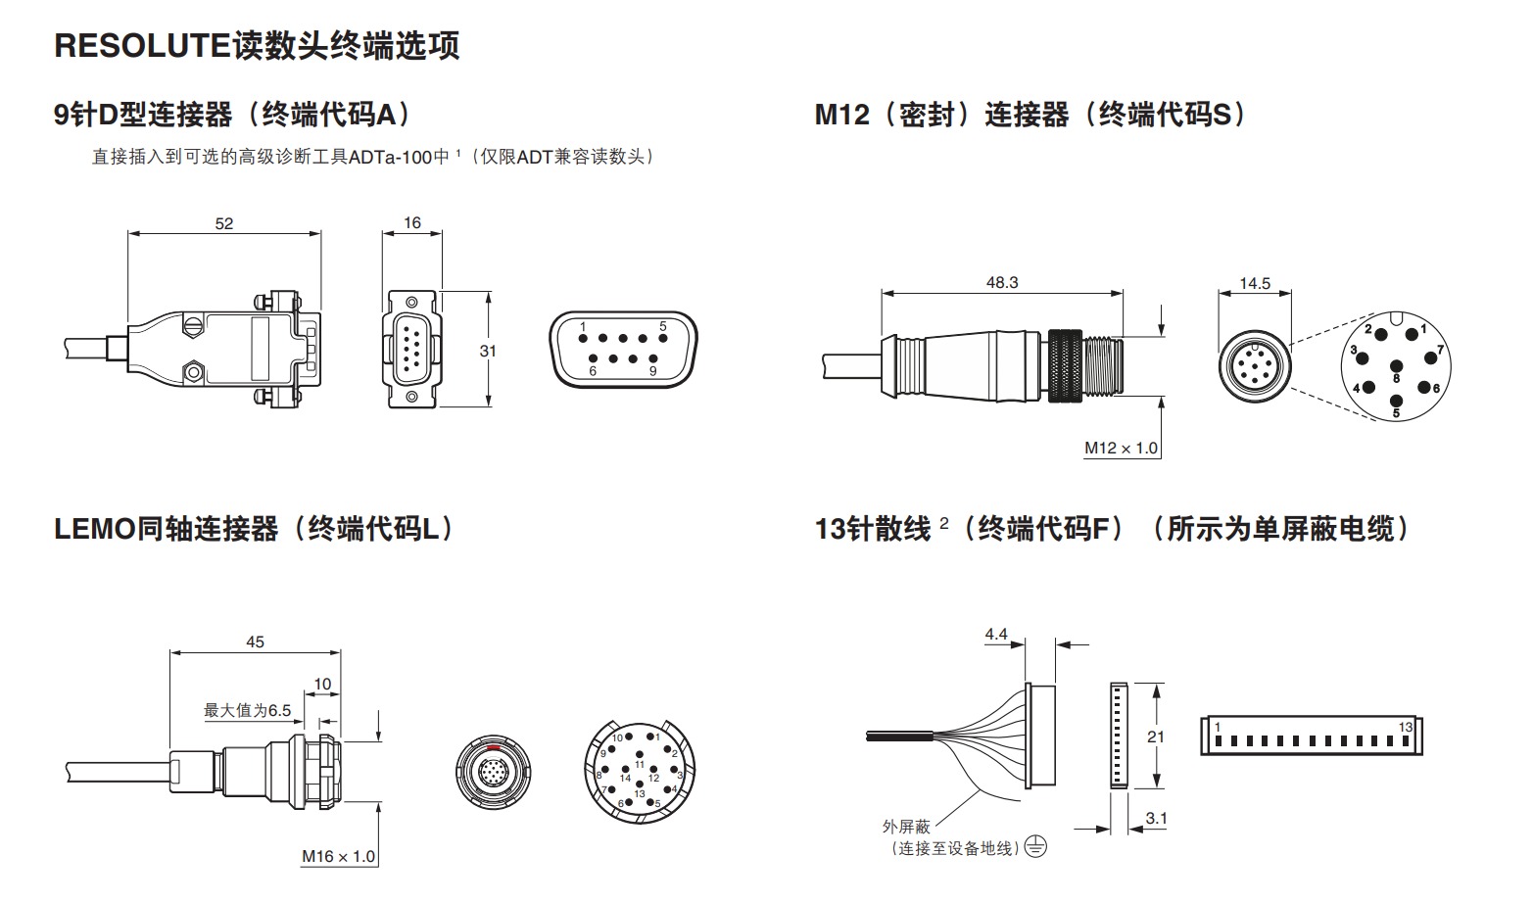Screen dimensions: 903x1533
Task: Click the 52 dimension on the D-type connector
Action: tap(224, 223)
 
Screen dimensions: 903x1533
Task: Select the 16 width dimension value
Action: tap(412, 223)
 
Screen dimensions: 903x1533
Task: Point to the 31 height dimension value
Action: tap(488, 351)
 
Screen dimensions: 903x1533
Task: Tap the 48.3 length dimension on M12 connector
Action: tap(1001, 282)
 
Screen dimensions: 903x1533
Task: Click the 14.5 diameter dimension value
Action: tap(1254, 283)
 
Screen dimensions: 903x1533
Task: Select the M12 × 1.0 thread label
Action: tap(1121, 449)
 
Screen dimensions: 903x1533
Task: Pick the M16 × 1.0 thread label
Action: tap(338, 857)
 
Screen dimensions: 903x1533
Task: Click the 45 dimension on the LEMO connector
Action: tap(255, 642)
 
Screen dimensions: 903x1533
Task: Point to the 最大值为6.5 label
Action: tap(248, 710)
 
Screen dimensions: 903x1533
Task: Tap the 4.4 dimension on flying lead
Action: tap(996, 635)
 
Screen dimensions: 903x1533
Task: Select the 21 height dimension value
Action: tap(1156, 737)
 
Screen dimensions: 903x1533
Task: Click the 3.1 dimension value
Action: tap(1156, 819)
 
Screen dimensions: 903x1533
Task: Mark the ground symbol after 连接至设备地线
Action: tap(1035, 847)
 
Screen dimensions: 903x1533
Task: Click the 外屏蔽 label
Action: tap(905, 827)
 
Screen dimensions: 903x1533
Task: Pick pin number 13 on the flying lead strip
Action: tap(1407, 727)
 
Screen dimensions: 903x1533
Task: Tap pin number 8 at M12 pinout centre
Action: tap(1397, 377)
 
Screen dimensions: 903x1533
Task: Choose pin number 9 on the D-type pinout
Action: tap(652, 371)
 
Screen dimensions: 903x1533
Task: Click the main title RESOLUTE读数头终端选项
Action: tap(257, 46)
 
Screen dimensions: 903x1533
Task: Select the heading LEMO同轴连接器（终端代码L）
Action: tap(255, 530)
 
